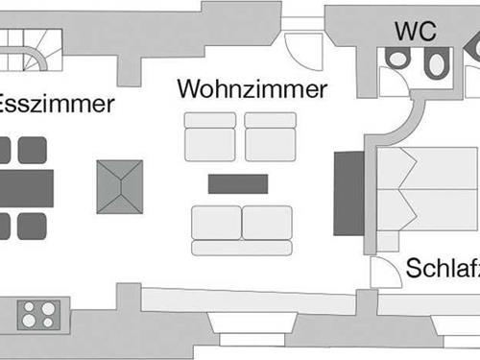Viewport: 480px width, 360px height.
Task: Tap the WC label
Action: [415, 30]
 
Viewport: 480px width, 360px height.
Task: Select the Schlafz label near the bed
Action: [442, 269]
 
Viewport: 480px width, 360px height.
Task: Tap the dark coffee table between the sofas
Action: [238, 183]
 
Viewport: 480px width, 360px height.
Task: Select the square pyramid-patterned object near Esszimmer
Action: [119, 186]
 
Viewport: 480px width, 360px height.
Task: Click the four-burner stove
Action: [39, 314]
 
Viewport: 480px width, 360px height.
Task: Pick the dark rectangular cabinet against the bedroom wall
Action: [348, 193]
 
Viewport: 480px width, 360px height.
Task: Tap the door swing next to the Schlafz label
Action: [385, 272]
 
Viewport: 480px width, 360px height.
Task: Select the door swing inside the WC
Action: [393, 82]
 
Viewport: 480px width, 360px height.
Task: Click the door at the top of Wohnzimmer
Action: [304, 43]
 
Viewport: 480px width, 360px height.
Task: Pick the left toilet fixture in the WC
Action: [397, 58]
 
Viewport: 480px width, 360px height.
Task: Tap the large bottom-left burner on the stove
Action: [30, 322]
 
